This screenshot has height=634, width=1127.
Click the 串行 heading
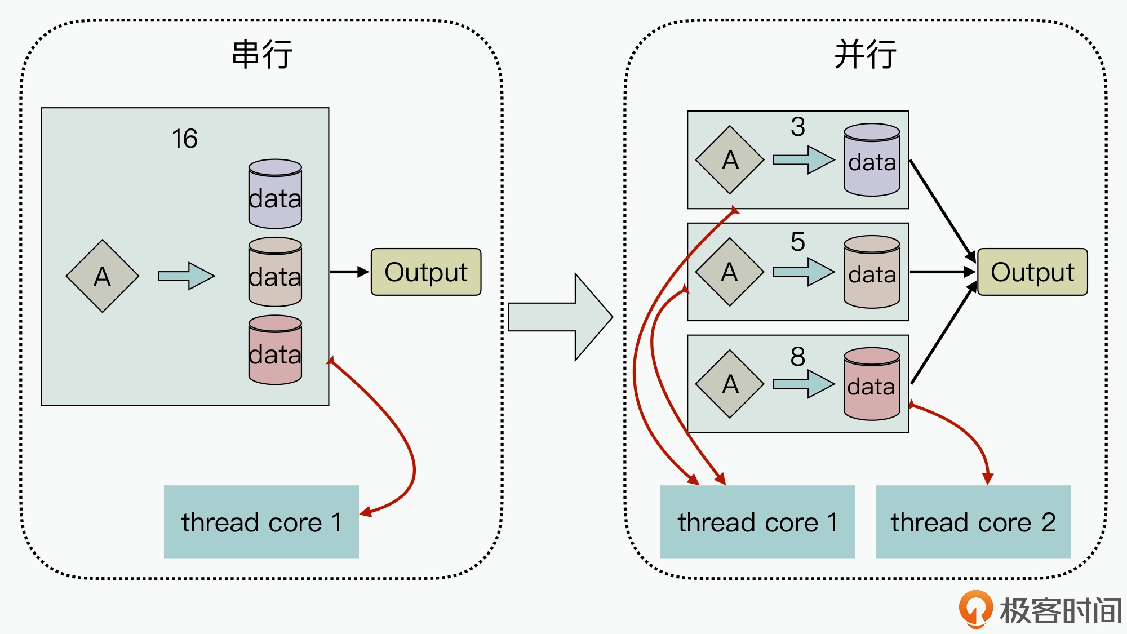pyautogui.click(x=262, y=55)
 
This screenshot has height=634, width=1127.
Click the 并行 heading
pyautogui.click(x=865, y=55)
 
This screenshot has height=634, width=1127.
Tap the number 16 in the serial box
pyautogui.click(x=185, y=139)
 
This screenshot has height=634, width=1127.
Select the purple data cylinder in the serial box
pyautogui.click(x=275, y=194)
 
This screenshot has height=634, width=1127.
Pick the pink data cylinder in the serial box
pyautogui.click(x=275, y=350)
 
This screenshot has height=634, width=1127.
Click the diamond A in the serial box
pyautogui.click(x=103, y=276)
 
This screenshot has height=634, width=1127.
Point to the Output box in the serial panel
pyautogui.click(x=426, y=272)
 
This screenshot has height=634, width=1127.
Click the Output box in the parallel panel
pyautogui.click(x=1032, y=272)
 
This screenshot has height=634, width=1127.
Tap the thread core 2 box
pyautogui.click(x=973, y=522)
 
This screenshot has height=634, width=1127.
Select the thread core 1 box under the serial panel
pyautogui.click(x=261, y=522)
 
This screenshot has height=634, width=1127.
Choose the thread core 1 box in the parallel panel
pyautogui.click(x=757, y=522)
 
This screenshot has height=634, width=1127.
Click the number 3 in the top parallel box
pyautogui.click(x=797, y=127)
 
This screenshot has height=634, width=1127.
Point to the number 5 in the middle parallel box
pyautogui.click(x=797, y=242)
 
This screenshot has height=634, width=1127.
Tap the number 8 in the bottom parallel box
pyautogui.click(x=797, y=356)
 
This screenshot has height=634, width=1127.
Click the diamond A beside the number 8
pyautogui.click(x=730, y=384)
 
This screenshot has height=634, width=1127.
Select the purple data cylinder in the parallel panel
pyautogui.click(x=872, y=160)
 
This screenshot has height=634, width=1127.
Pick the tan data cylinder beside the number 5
pyautogui.click(x=872, y=272)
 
